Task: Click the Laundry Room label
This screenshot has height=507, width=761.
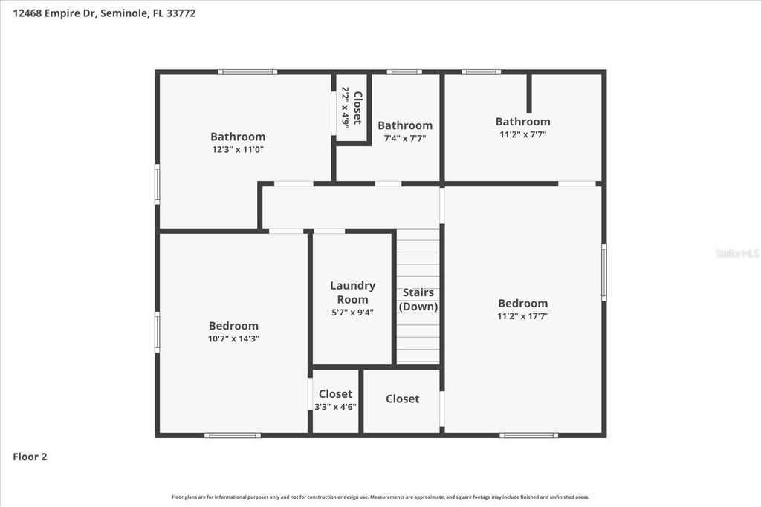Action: [x=352, y=292]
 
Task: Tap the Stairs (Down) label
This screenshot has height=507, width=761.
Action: [x=418, y=299]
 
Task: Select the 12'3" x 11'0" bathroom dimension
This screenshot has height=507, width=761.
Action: [x=238, y=149]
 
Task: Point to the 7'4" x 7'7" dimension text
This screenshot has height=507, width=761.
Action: [x=405, y=138]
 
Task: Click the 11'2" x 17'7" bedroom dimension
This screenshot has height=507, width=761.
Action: [x=523, y=315]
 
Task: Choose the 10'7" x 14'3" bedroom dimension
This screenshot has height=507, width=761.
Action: [x=234, y=338]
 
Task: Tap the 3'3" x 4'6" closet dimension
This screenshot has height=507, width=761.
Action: [x=335, y=406]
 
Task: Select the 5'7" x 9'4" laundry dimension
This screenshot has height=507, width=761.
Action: [x=352, y=313]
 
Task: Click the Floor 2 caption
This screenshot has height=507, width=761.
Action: [x=30, y=457]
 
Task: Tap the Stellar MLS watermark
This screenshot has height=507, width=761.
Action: [x=736, y=253]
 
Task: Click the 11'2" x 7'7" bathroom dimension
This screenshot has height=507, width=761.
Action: [x=523, y=134]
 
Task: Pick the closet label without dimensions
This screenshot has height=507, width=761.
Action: [x=403, y=399]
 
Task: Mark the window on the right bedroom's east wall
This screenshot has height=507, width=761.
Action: [x=604, y=272]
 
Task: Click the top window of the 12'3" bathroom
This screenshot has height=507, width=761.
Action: [x=247, y=72]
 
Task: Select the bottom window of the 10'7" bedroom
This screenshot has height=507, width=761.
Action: [x=233, y=435]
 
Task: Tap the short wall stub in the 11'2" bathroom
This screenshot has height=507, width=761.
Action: [x=529, y=92]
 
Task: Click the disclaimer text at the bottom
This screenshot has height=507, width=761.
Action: [x=380, y=497]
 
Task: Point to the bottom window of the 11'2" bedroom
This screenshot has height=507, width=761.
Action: [x=528, y=435]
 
